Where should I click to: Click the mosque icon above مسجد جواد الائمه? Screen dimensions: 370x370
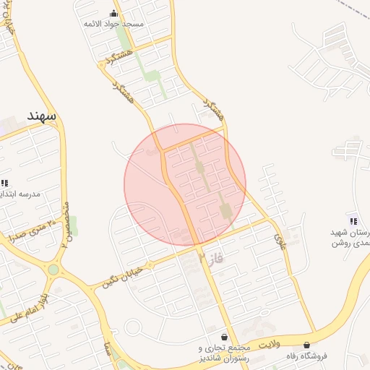pyautogui.click(x=113, y=13)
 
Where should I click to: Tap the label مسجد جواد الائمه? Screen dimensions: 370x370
pyautogui.click(x=114, y=24)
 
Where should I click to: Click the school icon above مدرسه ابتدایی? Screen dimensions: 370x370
pyautogui.click(x=4, y=184)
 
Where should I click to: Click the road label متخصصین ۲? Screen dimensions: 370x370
pyautogui.click(x=65, y=224)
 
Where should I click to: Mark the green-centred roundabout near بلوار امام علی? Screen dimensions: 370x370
pyautogui.click(x=53, y=270)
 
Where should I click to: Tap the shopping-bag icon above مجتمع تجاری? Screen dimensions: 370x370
pyautogui.click(x=225, y=337)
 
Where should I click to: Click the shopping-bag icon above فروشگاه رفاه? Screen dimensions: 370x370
pyautogui.click(x=306, y=345)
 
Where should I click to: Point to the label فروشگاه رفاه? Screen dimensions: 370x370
pyautogui.click(x=306, y=356)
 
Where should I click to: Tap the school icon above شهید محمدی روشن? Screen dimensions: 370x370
pyautogui.click(x=352, y=220)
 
